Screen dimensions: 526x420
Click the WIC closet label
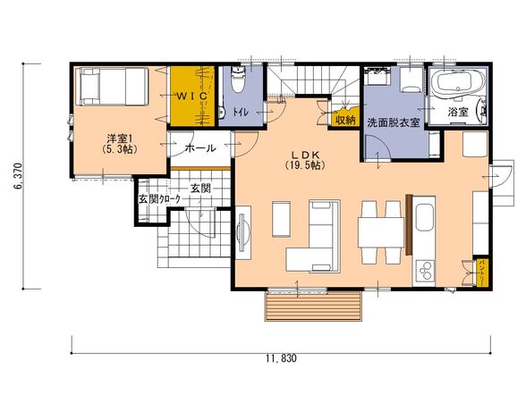click(x=191, y=97)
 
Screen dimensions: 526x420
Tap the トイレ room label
click(x=241, y=112)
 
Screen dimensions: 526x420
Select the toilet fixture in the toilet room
click(x=238, y=80)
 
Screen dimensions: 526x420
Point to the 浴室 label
click(x=458, y=112)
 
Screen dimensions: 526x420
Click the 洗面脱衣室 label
click(x=394, y=122)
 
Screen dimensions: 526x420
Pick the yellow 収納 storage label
click(x=345, y=120)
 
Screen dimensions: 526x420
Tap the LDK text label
click(x=305, y=155)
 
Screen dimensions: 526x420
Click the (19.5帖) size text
click(x=305, y=165)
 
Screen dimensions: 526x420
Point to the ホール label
click(x=200, y=147)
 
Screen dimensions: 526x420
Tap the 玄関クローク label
click(x=159, y=199)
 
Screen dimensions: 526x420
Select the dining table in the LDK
click(x=381, y=232)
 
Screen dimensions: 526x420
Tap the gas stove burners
click(x=426, y=271)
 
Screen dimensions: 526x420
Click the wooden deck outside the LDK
click(x=313, y=306)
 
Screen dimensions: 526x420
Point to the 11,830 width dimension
click(x=282, y=358)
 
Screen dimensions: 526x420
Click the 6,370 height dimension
click(x=18, y=176)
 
